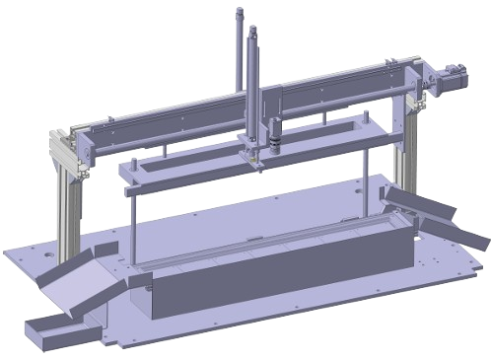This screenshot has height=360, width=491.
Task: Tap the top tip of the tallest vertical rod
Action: pyautogui.click(x=239, y=9)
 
